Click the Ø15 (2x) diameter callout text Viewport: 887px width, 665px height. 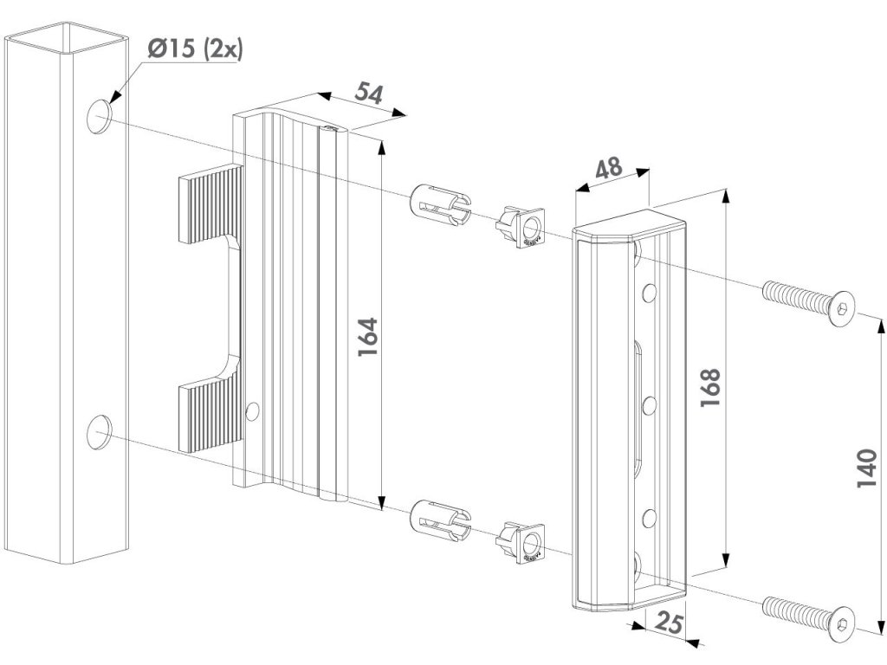195,49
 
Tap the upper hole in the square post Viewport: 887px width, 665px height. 100,116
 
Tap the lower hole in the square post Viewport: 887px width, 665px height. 100,430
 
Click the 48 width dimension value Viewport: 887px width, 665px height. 608,168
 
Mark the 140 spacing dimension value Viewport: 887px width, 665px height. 867,468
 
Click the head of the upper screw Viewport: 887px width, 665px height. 841,309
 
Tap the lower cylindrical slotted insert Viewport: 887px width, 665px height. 437,518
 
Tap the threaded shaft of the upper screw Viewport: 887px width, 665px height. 794,297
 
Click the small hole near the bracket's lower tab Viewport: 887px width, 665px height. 252,410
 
